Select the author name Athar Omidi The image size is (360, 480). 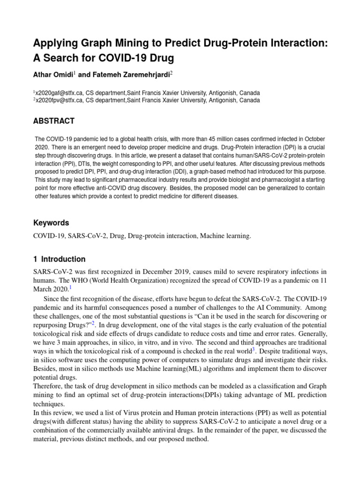(52, 74)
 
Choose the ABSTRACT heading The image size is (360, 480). (53, 121)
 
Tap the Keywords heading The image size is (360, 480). (51, 223)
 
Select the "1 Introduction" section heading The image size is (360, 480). (59, 259)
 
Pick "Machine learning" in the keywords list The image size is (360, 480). (225, 236)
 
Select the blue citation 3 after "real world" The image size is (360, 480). (253, 349)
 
